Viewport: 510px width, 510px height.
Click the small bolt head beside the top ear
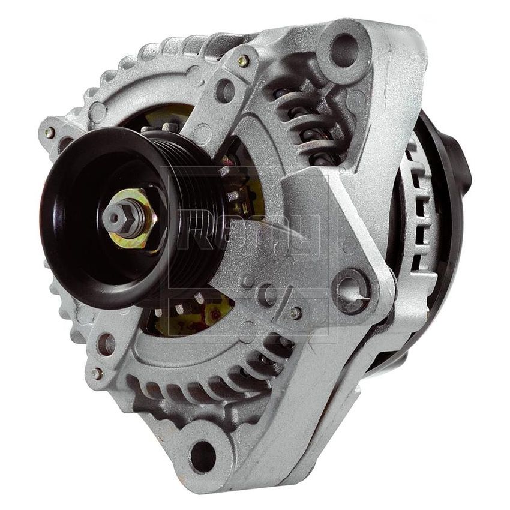(x=244, y=61)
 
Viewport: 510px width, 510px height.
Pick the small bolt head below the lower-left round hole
(x=96, y=373)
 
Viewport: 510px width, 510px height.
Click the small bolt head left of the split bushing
(x=295, y=313)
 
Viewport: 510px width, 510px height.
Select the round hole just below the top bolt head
(x=225, y=90)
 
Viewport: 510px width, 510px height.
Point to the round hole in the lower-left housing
(x=106, y=343)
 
